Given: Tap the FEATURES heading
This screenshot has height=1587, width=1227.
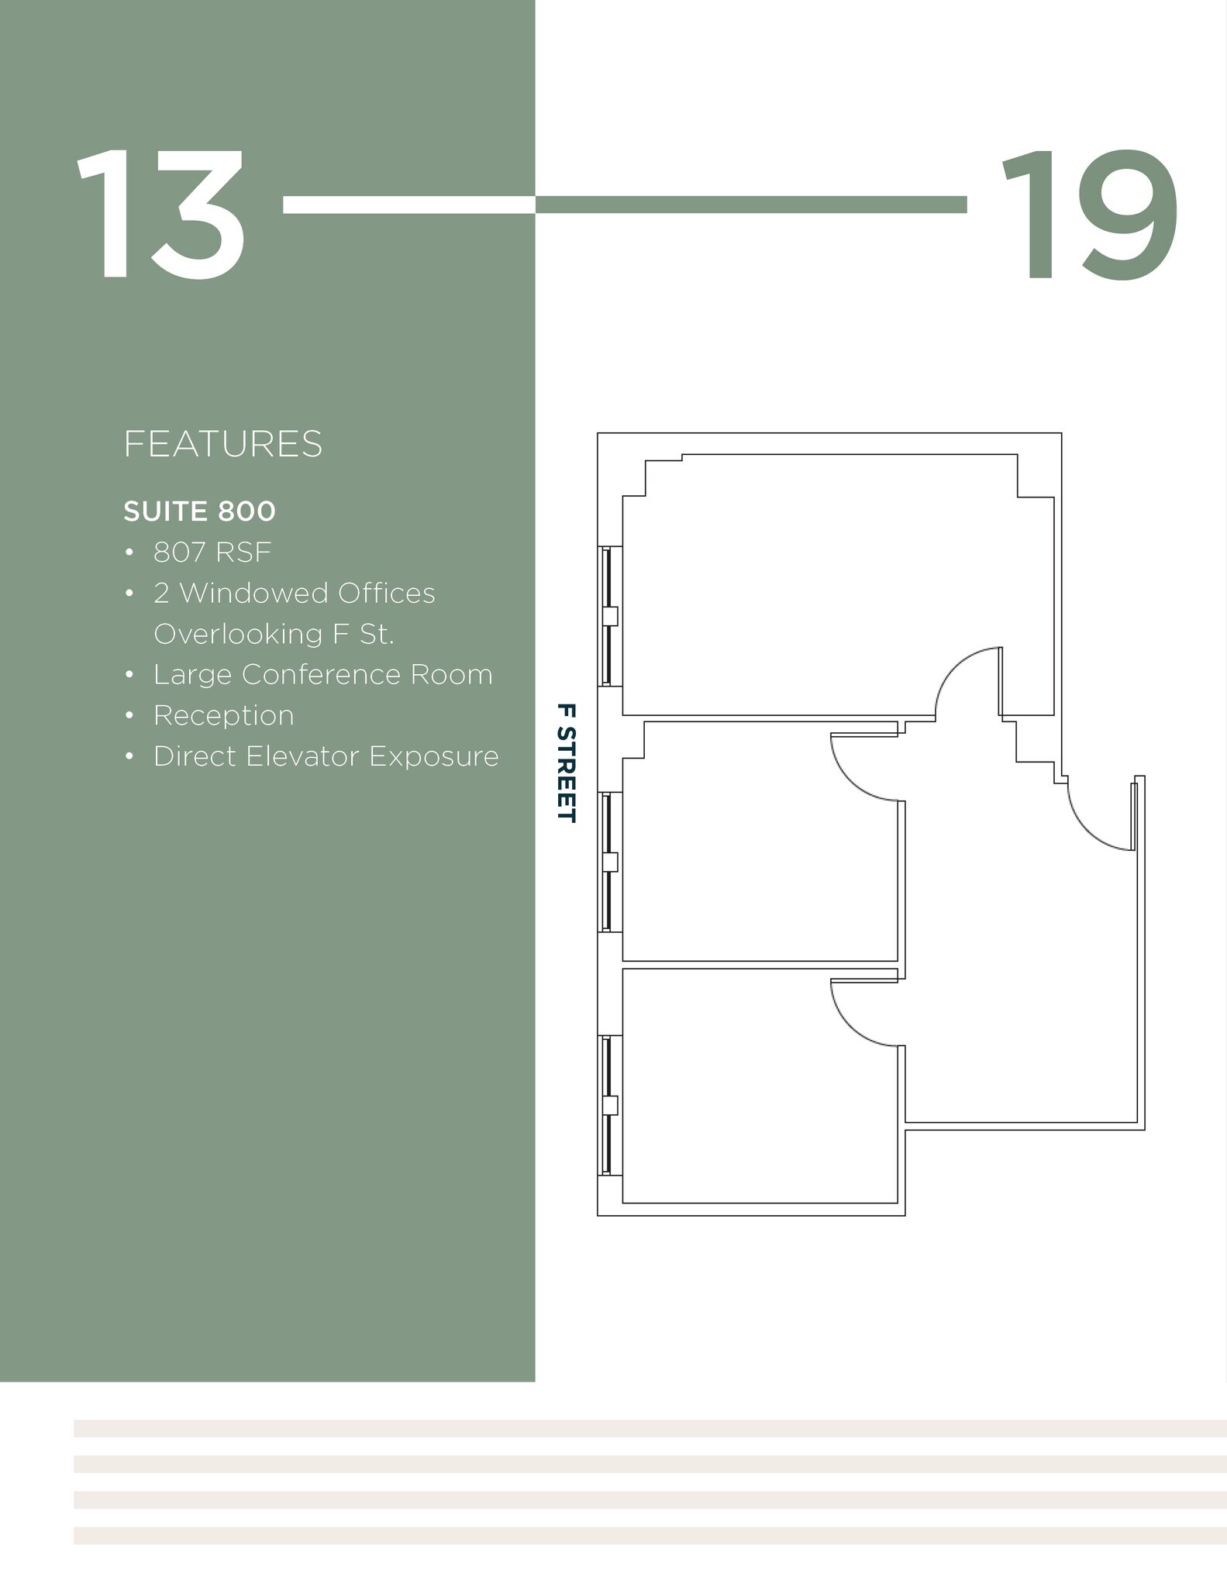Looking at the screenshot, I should (x=222, y=445).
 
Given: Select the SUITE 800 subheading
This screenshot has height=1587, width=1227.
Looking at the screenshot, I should (x=199, y=511).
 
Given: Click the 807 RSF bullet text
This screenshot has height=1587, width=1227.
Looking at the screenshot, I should (x=212, y=553).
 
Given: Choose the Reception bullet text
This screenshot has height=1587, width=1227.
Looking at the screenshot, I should (x=223, y=715).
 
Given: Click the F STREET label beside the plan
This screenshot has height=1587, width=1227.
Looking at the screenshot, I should (x=567, y=763).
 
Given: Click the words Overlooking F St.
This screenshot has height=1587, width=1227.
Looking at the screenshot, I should (x=274, y=634).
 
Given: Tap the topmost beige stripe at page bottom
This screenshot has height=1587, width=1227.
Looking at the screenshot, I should (x=650, y=1428).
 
